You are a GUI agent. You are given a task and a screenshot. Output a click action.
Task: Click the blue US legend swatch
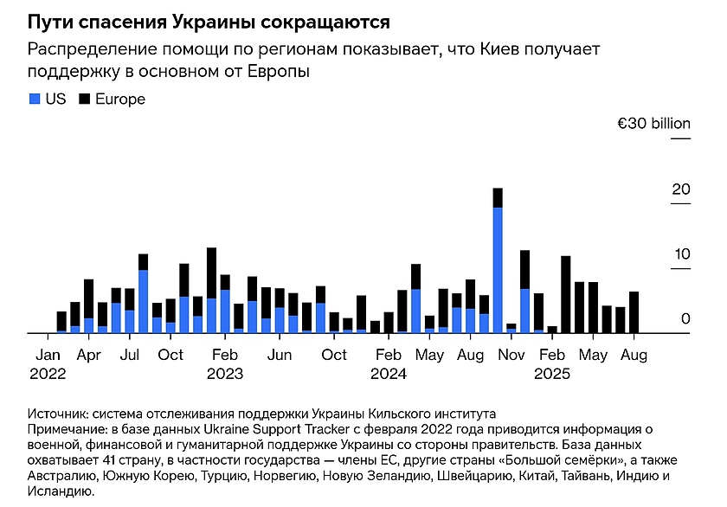tap(34, 99)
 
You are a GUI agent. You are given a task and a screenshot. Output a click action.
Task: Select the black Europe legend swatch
tap(85, 99)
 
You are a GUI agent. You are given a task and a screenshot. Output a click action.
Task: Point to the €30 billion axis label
tap(653, 125)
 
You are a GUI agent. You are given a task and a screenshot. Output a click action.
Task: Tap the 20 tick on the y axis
tap(681, 189)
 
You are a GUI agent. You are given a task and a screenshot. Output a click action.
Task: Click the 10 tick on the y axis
tap(681, 254)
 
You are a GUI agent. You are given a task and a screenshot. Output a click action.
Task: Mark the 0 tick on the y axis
tap(685, 319)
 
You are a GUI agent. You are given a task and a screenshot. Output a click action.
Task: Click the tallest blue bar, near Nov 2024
tap(498, 268)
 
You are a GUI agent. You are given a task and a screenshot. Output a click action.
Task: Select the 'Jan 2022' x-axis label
tap(48, 364)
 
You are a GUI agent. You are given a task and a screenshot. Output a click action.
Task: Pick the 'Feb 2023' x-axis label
tap(225, 364)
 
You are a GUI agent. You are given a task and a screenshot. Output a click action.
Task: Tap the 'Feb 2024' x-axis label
tap(389, 364)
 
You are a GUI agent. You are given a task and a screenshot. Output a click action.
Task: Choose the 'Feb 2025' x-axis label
tap(552, 364)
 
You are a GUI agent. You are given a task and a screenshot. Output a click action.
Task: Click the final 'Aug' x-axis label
tap(634, 355)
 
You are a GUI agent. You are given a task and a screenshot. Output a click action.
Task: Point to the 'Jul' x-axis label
tap(130, 355)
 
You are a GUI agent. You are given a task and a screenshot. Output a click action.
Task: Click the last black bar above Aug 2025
tap(634, 311)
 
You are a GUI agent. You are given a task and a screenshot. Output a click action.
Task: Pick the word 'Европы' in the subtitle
tap(281, 72)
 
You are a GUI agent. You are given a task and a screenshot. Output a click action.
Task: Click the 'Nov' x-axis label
tap(511, 355)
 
